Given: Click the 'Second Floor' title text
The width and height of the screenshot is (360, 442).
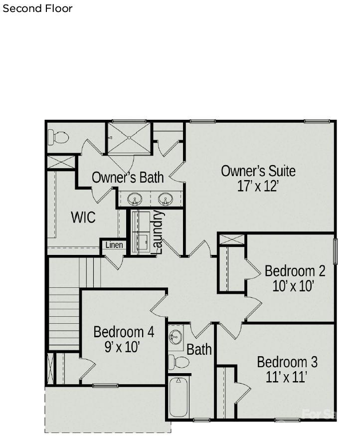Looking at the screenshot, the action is (37, 8).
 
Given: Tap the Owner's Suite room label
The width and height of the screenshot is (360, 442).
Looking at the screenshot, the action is (258, 171).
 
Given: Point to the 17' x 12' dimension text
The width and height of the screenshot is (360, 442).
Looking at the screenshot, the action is (258, 186).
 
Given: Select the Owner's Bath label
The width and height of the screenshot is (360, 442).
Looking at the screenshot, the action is (128, 177).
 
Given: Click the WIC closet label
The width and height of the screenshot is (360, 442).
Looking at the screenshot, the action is (83, 218).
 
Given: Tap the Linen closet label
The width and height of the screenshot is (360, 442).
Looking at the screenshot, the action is (114, 245).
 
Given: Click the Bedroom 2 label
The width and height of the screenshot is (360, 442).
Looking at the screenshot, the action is (295, 271).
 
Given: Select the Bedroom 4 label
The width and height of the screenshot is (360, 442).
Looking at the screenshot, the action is (124, 332).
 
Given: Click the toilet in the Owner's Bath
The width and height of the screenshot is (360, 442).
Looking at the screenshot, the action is (58, 137).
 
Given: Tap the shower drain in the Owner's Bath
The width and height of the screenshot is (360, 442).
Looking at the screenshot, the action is (129, 138).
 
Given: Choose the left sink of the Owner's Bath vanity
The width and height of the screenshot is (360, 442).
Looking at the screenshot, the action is (135, 199).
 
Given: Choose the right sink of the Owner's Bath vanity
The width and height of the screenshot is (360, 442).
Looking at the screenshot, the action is (165, 199).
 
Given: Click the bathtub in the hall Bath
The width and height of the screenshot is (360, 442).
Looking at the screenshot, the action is (179, 397).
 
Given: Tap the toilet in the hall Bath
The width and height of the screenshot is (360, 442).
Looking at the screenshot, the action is (179, 362).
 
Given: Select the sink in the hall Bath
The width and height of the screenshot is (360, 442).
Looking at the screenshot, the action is (176, 337).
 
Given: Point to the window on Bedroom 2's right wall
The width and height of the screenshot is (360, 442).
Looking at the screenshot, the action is (335, 251).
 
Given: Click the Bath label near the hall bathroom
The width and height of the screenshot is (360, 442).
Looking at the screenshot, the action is (199, 350).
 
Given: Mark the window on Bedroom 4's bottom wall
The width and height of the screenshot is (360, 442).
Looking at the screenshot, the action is (105, 385).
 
